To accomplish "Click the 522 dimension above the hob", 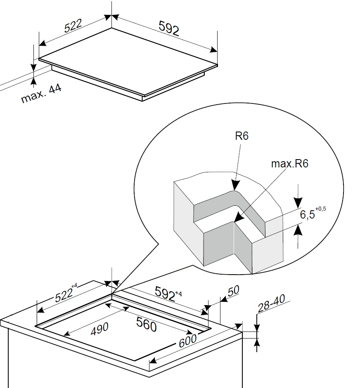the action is tap(73, 26).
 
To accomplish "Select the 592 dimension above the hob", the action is tap(168, 28).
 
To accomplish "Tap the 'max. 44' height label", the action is tap(41, 94).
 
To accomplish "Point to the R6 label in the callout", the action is tap(242, 136).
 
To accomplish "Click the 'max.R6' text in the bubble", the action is tap(290, 164).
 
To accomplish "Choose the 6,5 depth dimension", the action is tap(307, 214).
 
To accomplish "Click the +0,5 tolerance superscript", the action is tap(321, 209).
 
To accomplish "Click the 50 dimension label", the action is tap(233, 291).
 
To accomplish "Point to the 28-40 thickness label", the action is tap(272, 303).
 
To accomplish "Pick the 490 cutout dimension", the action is tap(99, 329).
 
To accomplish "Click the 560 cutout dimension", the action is tap(147, 325).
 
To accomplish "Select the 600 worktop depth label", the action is tap(187, 341).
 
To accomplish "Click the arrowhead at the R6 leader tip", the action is tap(235, 186).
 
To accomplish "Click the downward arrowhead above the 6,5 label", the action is tap(298, 203).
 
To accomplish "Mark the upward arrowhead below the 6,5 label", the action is tap(298, 231).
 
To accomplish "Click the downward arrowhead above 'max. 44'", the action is tap(33, 67).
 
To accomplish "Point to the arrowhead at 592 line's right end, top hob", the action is tap(214, 50).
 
